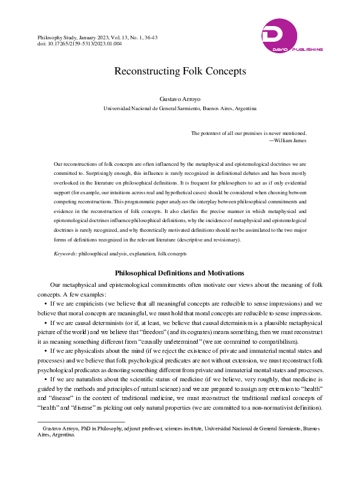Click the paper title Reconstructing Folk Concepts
pos(180,71)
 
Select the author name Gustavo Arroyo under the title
pos(180,98)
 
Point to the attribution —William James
pos(288,140)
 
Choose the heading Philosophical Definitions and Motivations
pos(180,273)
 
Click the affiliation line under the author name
pos(180,108)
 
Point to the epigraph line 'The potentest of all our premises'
pos(249,133)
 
